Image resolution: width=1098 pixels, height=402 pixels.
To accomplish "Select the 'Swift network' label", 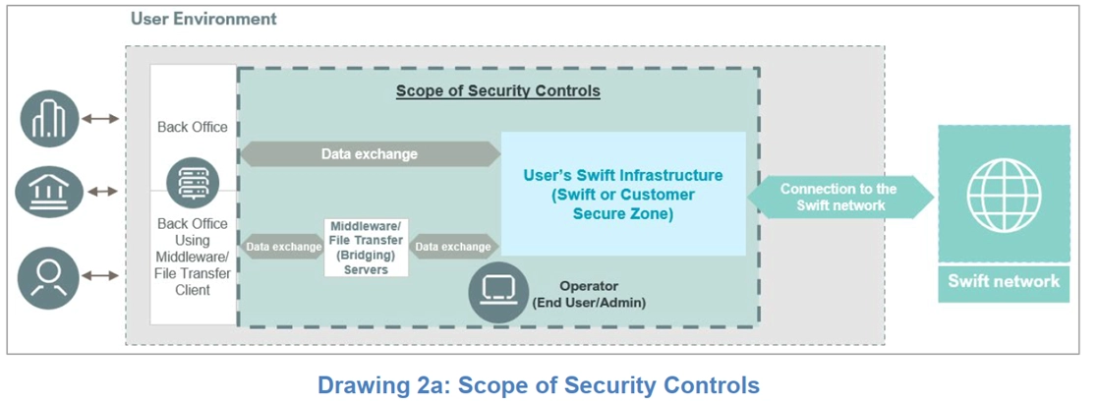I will (x=1004, y=281).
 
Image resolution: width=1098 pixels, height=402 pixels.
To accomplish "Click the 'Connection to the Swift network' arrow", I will (x=838, y=197).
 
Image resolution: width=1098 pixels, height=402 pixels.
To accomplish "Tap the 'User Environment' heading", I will (x=203, y=19).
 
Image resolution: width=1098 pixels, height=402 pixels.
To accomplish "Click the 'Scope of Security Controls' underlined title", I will (x=497, y=91).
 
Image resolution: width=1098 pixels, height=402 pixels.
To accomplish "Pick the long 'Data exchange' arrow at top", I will (x=370, y=154).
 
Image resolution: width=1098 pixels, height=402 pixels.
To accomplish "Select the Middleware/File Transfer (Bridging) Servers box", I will (x=367, y=248).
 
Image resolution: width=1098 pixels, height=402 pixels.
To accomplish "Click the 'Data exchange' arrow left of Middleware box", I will (x=282, y=247).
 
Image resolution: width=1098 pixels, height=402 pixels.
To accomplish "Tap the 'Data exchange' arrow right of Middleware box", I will (x=453, y=247).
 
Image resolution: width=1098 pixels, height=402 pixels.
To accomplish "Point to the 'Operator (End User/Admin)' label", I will (x=589, y=295).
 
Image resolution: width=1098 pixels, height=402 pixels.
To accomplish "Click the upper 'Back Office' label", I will (x=193, y=127).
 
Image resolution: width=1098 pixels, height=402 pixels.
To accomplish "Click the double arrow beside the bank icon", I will (x=100, y=192).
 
